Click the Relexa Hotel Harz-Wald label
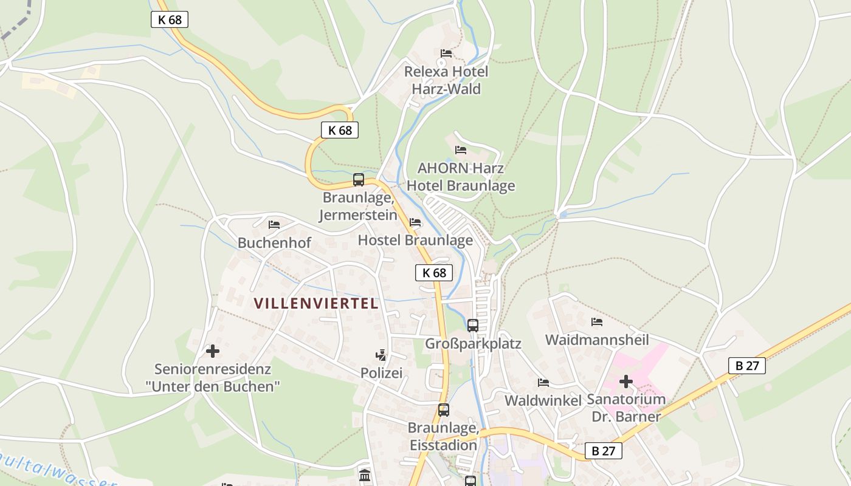point(446,80)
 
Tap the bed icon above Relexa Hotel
point(446,53)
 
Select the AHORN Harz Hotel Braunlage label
point(461,177)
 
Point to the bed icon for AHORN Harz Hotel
point(461,149)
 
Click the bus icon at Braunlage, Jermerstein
point(359,180)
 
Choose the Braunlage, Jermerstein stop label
point(359,206)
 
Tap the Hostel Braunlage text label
point(415,240)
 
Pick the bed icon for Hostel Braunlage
point(415,222)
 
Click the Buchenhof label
point(274,242)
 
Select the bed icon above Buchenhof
point(274,225)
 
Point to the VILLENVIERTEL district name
point(316,303)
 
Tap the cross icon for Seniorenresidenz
point(213,351)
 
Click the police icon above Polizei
point(381,355)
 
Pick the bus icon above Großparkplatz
point(473,325)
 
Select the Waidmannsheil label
point(597,339)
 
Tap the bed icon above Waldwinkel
point(543,382)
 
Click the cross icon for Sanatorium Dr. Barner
point(626,382)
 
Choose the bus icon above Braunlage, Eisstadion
point(444,410)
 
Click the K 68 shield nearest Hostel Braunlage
point(434,273)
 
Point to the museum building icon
point(365,475)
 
